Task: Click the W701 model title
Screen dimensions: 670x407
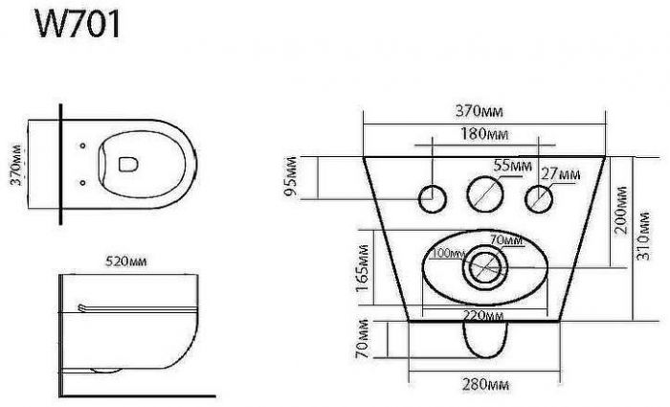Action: [x=78, y=24]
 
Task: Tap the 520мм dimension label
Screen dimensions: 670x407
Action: [x=125, y=260]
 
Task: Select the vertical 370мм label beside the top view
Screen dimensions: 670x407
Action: [x=16, y=166]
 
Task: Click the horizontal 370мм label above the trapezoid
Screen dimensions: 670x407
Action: [x=479, y=111]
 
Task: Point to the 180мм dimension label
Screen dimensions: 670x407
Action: [x=484, y=134]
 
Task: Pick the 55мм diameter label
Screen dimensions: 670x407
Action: [x=513, y=165]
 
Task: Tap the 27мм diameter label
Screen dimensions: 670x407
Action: [x=561, y=174]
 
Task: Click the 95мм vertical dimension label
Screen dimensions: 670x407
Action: [x=291, y=176]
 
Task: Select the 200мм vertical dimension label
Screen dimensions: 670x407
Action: [x=620, y=210]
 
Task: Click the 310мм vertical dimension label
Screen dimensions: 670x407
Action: [x=643, y=236]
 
